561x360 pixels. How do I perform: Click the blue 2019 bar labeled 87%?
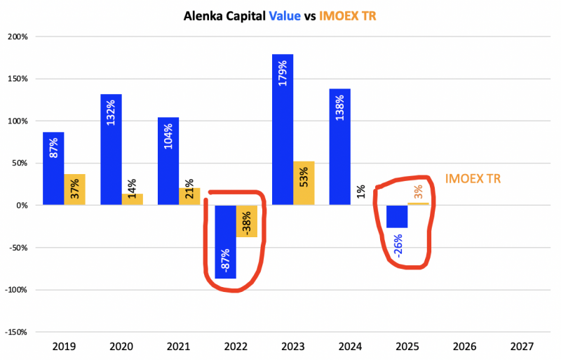53,168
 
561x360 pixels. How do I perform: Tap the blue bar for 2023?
282,130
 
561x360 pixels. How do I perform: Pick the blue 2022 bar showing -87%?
225,241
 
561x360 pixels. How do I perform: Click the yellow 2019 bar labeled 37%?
75,189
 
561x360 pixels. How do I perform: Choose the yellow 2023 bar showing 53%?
304,183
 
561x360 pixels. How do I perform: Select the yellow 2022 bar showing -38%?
247,221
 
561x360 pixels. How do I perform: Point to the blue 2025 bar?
397,216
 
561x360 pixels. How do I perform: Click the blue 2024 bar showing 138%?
339,147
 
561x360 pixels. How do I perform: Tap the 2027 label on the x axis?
521,347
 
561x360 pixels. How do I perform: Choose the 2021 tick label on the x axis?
178,347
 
